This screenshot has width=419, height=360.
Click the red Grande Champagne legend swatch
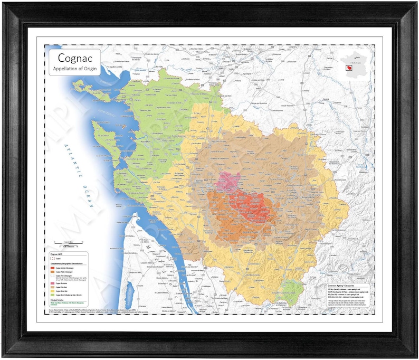point(52,268)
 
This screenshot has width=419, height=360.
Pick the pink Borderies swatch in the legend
point(52,283)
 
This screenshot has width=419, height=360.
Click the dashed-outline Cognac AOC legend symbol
point(52,259)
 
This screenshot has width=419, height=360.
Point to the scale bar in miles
point(65,242)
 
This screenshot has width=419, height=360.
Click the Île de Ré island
point(103,94)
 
